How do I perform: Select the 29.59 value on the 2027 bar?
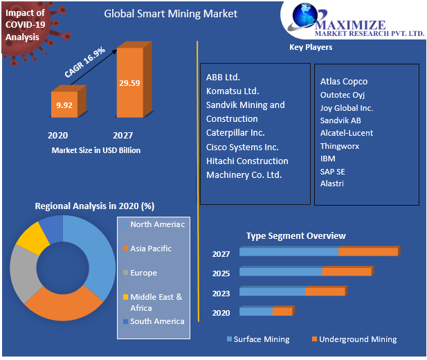point(129,83)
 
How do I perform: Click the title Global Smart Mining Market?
point(170,13)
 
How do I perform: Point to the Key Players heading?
point(310,47)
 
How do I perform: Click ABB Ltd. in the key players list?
point(223,77)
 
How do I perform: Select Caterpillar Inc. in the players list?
point(235,132)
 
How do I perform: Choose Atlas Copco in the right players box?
point(344,82)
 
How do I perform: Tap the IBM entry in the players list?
point(328,159)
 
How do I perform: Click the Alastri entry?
point(332,183)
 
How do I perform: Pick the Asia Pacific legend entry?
point(150,249)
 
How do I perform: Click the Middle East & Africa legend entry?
point(156,302)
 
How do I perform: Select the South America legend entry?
point(156,321)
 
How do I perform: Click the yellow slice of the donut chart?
point(30,236)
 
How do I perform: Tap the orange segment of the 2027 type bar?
point(368,251)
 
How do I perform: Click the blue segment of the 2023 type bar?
point(273,292)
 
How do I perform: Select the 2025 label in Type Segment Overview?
point(221,273)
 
